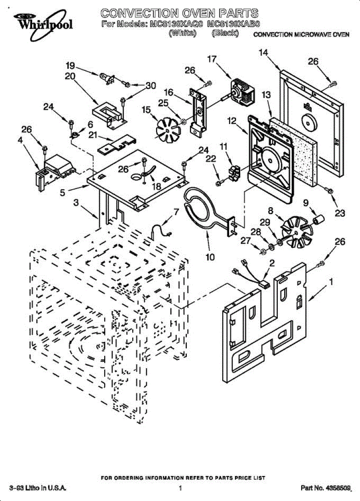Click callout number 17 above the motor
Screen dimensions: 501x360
point(212,59)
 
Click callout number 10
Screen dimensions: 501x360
point(210,257)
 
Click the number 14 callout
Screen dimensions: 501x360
point(263,53)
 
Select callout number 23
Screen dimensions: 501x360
point(340,213)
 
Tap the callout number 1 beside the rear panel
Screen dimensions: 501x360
point(331,283)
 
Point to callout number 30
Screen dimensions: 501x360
point(150,86)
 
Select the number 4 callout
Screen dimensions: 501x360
point(20,141)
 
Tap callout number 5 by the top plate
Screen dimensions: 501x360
point(62,193)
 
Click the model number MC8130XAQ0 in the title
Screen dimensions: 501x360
point(176,24)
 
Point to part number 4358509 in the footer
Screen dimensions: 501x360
point(338,488)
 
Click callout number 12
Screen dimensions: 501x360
point(232,121)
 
